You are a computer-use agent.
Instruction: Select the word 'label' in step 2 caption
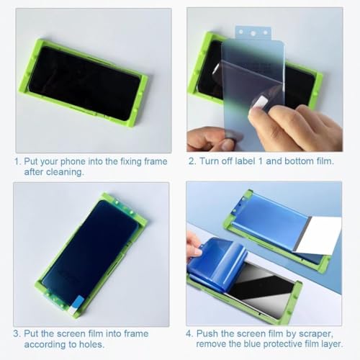pyautogui.click(x=245, y=161)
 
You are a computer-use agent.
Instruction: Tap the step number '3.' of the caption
pyautogui.click(x=17, y=333)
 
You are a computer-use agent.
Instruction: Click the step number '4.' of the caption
pyautogui.click(x=189, y=333)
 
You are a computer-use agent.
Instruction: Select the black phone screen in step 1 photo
pyautogui.click(x=84, y=84)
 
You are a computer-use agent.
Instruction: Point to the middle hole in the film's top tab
pyautogui.click(x=253, y=33)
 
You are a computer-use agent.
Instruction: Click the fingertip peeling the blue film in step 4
pyautogui.click(x=197, y=251)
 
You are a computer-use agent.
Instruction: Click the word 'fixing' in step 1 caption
pyautogui.click(x=130, y=162)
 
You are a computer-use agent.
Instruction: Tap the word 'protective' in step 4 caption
pyautogui.click(x=283, y=344)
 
